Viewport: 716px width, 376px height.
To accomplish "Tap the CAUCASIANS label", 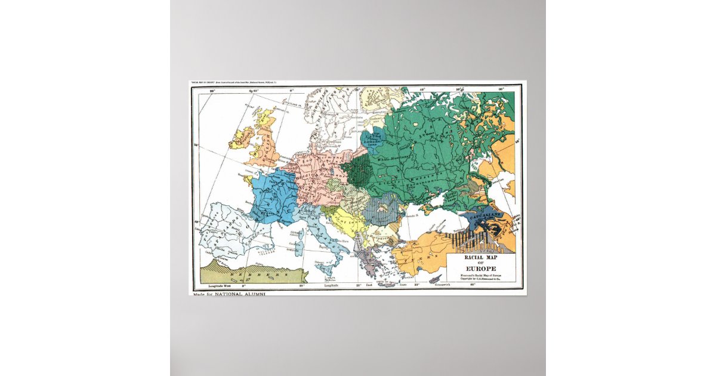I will tap(482, 215).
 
